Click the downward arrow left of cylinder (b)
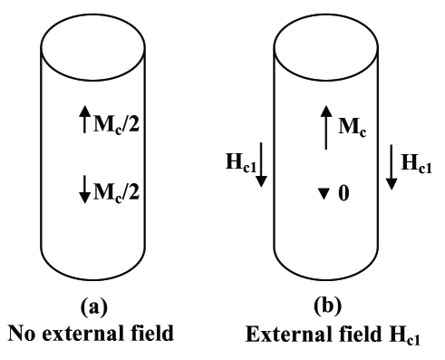[261, 168]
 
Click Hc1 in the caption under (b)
[414, 334]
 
